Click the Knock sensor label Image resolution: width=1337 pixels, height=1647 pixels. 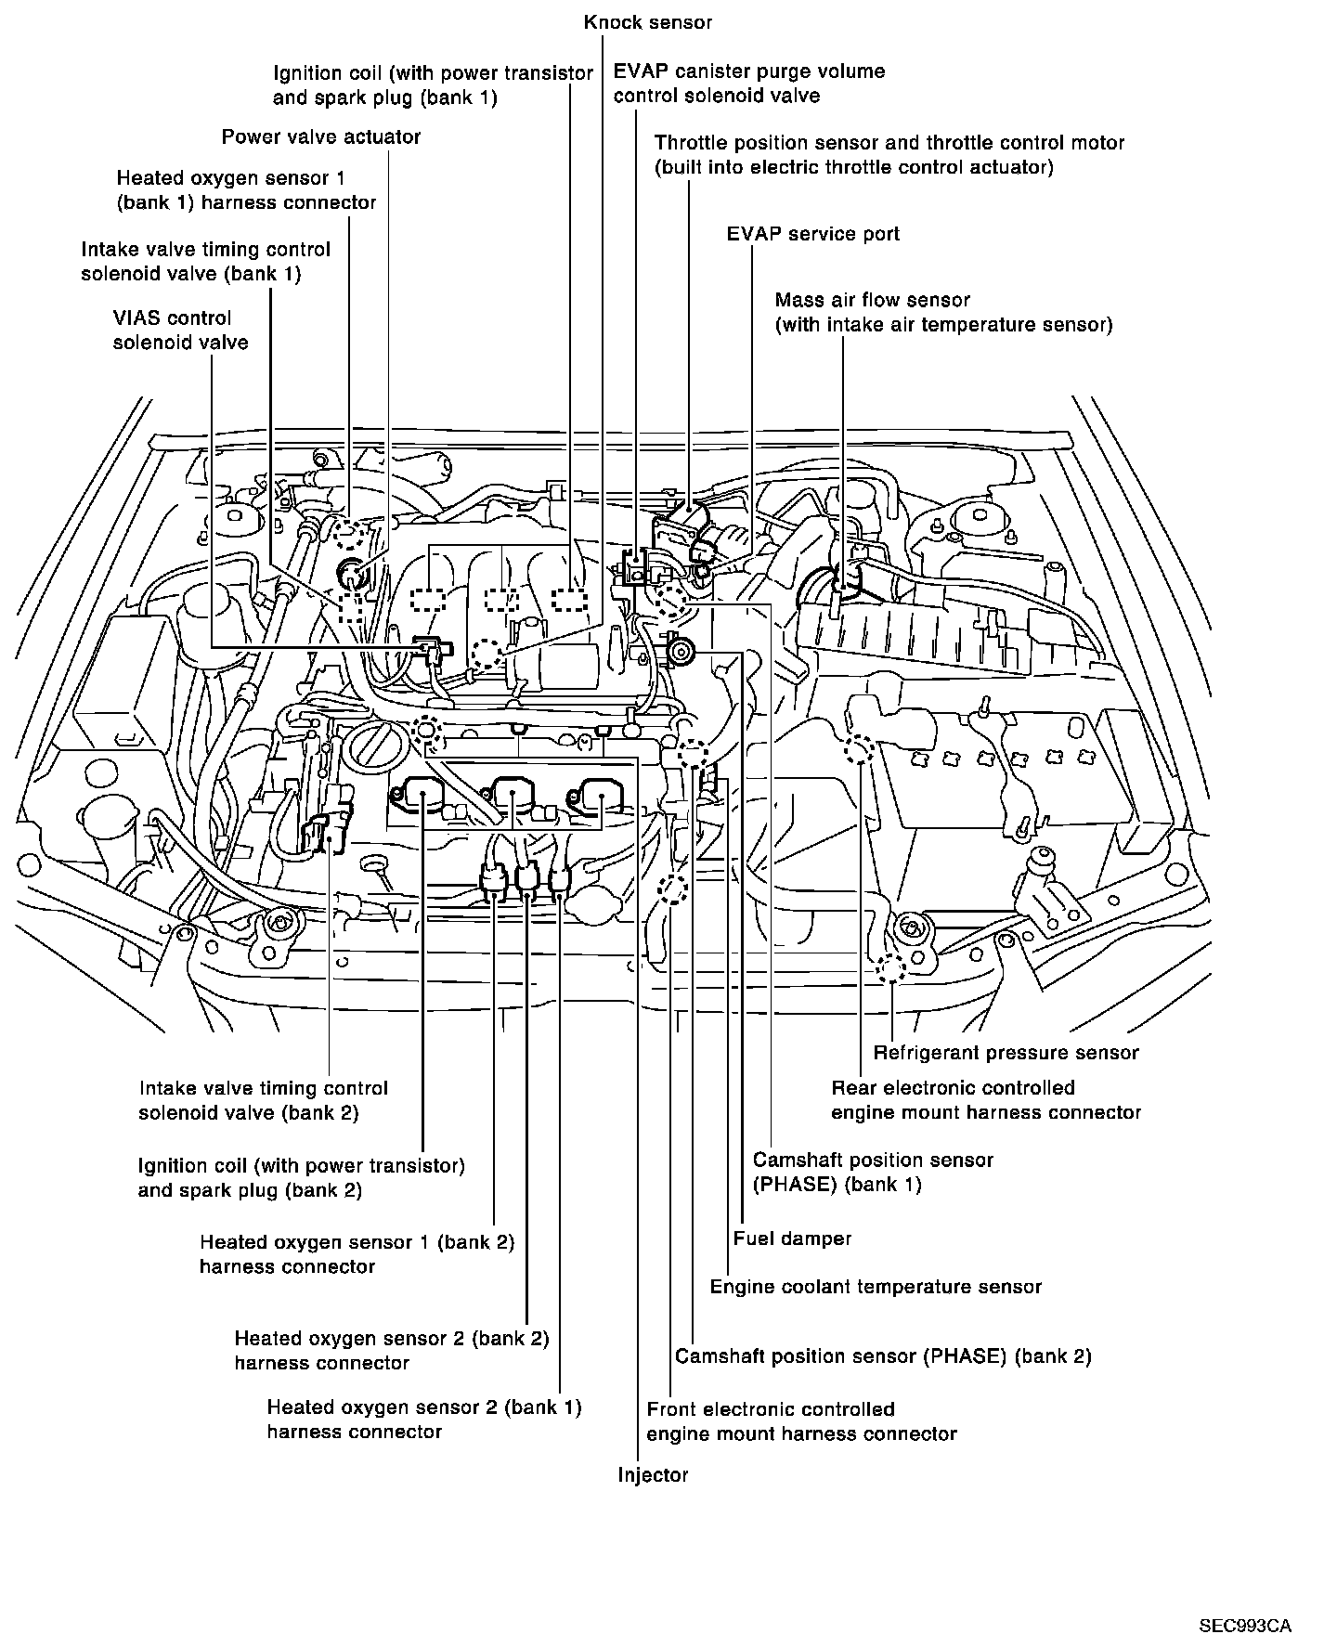click(x=648, y=21)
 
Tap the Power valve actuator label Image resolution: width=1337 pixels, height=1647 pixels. click(x=320, y=137)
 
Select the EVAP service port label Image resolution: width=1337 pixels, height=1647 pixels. click(x=812, y=234)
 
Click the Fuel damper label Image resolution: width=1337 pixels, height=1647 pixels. click(x=792, y=1238)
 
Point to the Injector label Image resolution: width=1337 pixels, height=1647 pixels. click(x=653, y=1475)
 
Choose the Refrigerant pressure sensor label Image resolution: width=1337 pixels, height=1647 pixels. click(x=1006, y=1052)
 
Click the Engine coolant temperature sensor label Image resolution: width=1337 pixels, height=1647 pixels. click(x=876, y=1287)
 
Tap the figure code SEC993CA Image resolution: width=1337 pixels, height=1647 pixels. click(x=1244, y=1599)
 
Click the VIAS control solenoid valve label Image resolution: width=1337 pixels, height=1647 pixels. click(x=180, y=331)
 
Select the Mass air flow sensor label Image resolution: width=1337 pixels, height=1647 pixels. click(x=943, y=312)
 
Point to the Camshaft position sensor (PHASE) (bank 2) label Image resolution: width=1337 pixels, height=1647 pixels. click(x=883, y=1356)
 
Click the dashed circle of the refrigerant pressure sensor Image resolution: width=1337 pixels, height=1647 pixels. click(x=890, y=968)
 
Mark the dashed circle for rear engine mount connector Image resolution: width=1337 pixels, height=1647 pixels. click(x=860, y=749)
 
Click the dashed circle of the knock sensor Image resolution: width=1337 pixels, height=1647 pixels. click(x=486, y=655)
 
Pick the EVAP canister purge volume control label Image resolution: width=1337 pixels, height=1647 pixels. click(x=749, y=84)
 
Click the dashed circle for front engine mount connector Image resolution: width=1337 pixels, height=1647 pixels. click(x=671, y=888)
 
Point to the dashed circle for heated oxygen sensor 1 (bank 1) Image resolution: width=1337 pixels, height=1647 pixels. click(x=347, y=532)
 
